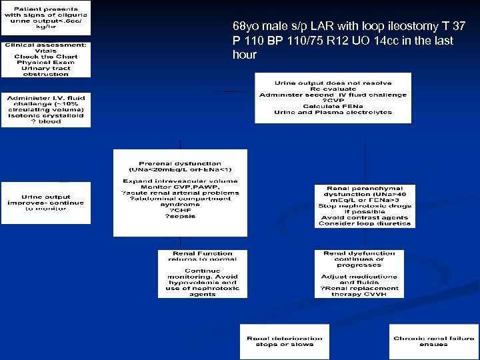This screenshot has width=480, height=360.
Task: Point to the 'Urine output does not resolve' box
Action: click(333, 98)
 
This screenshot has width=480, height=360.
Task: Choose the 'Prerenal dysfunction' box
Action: click(180, 193)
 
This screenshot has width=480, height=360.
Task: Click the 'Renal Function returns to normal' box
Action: click(203, 273)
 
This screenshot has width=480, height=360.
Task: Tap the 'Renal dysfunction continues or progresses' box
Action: click(359, 273)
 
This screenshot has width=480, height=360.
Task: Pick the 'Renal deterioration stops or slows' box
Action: click(285, 341)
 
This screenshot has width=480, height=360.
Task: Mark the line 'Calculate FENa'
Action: click(333, 107)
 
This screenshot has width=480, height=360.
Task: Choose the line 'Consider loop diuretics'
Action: click(365, 223)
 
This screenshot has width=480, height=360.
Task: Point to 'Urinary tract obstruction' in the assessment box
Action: click(45, 71)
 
